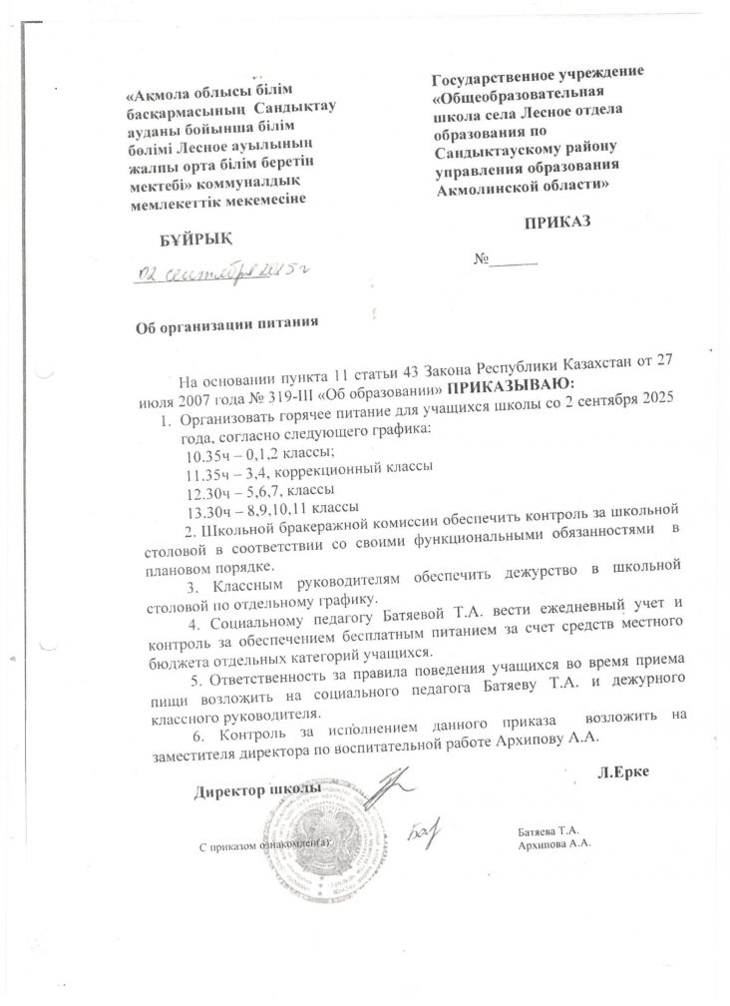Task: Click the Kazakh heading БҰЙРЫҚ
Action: (196, 241)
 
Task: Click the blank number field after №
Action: (516, 261)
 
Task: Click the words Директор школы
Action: (257, 790)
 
